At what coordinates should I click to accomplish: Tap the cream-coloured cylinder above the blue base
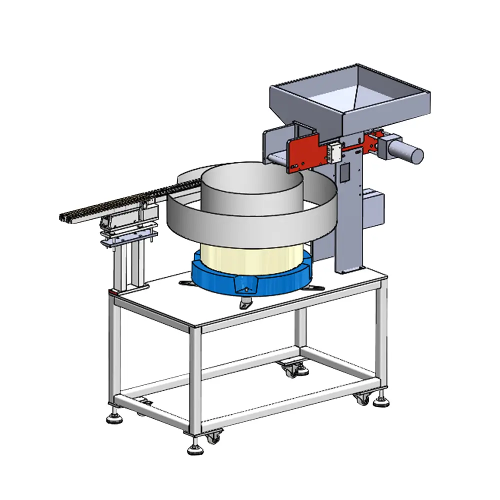click(250, 257)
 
